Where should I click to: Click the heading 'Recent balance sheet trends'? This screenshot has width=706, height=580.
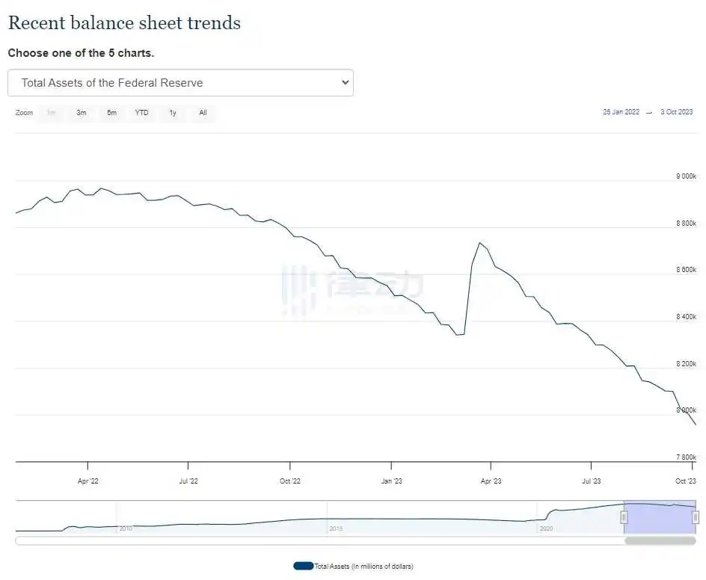click(x=124, y=23)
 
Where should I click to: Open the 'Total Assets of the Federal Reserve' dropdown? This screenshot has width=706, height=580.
click(x=180, y=83)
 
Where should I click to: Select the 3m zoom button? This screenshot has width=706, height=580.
click(x=81, y=113)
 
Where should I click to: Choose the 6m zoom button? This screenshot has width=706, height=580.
click(x=111, y=113)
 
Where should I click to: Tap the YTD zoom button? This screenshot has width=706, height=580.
click(x=141, y=113)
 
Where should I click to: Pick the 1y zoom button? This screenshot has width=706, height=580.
click(x=173, y=113)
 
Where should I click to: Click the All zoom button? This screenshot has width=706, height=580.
click(x=203, y=113)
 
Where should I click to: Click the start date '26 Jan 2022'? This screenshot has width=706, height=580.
click(x=621, y=112)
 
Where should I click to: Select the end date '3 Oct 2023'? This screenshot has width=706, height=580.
click(x=676, y=112)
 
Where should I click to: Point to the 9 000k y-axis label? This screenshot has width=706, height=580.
click(x=686, y=176)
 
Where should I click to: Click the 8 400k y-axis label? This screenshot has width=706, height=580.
click(x=686, y=317)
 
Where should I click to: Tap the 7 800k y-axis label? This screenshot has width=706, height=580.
click(x=686, y=457)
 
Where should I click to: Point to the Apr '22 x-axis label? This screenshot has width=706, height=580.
click(x=88, y=481)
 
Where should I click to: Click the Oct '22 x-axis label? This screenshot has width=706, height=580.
click(x=290, y=481)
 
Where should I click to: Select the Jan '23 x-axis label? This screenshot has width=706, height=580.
click(x=391, y=481)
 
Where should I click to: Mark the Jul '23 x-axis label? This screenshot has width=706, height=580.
click(x=591, y=481)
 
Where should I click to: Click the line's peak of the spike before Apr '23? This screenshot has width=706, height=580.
click(x=479, y=243)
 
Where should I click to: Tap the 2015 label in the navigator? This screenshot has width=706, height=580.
click(x=336, y=528)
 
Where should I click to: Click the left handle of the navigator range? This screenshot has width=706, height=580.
click(x=624, y=517)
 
